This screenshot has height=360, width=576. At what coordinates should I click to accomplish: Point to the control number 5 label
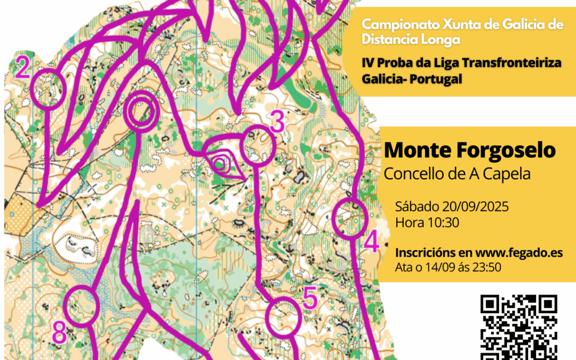pyautogui.click(x=310, y=298)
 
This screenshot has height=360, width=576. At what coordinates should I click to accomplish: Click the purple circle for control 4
pyautogui.click(x=350, y=218)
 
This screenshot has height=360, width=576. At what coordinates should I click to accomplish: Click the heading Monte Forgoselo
pyautogui.click(x=469, y=151)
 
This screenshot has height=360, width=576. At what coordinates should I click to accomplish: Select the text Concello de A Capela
pyautogui.click(x=457, y=173)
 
